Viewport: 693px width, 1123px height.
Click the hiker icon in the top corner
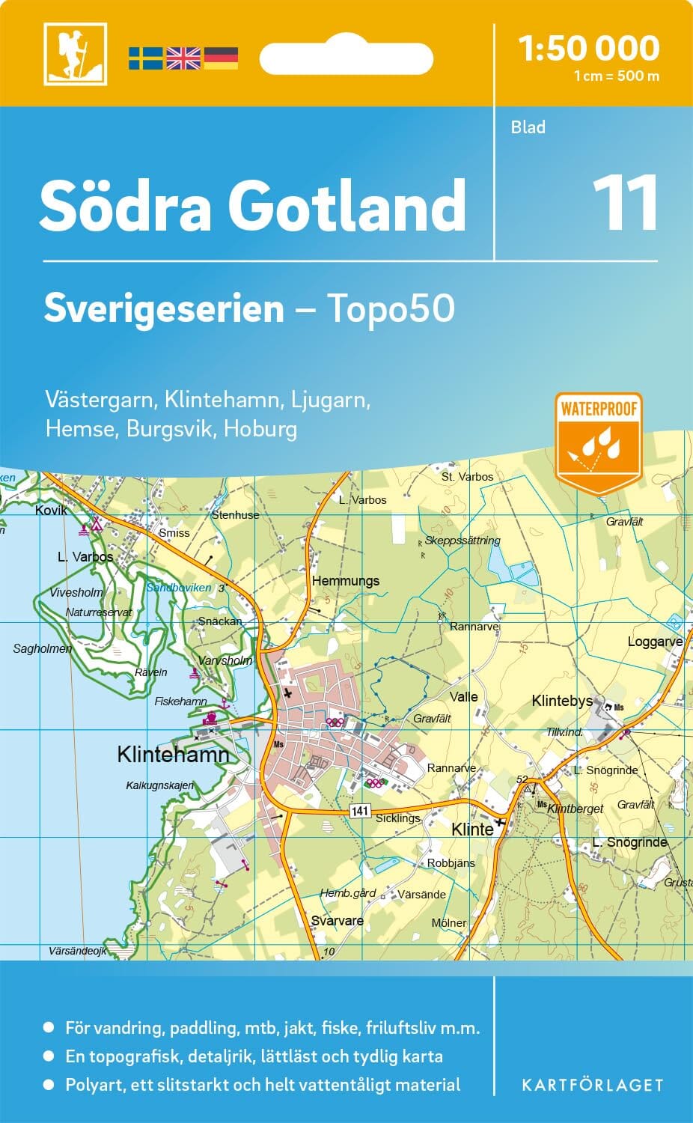(x=75, y=54)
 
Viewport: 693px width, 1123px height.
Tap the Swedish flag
(x=145, y=58)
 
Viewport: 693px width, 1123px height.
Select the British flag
(x=183, y=58)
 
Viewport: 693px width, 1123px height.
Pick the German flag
(x=221, y=58)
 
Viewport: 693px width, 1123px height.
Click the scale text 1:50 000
(x=589, y=49)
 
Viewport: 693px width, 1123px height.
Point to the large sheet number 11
(x=626, y=203)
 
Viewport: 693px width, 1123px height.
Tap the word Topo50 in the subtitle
(x=390, y=308)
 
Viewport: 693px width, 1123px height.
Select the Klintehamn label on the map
(x=173, y=754)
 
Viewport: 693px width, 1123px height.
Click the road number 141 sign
(x=360, y=812)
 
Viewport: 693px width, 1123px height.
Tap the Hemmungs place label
(x=346, y=581)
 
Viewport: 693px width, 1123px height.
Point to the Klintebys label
(x=562, y=702)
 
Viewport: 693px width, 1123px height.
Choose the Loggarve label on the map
(x=655, y=642)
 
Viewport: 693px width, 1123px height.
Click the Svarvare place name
(x=337, y=921)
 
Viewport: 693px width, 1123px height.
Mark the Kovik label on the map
(x=51, y=511)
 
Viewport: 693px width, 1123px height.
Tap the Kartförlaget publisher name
(x=592, y=1085)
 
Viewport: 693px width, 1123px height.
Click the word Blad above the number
(x=528, y=127)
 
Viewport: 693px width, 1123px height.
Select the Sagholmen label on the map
(x=43, y=649)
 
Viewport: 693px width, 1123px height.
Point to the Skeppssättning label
(x=462, y=541)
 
